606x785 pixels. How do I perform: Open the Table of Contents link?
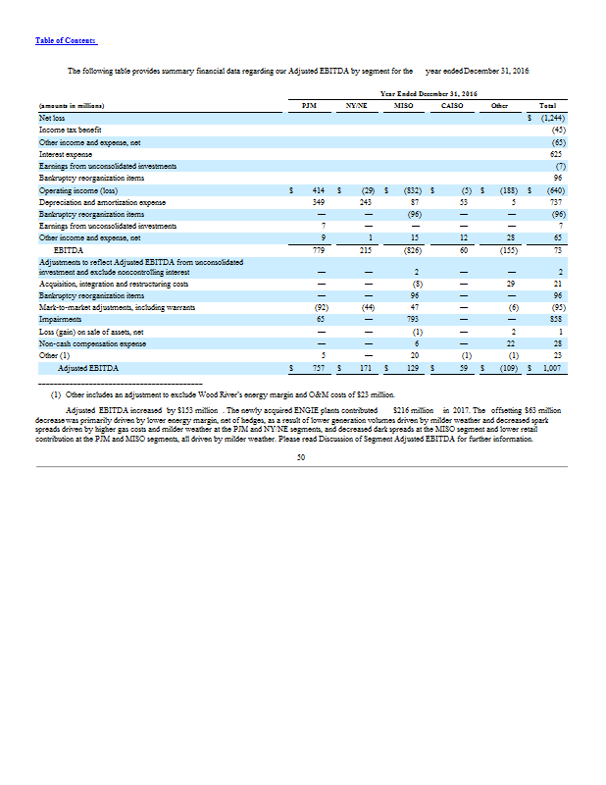66,40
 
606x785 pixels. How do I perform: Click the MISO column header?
402,104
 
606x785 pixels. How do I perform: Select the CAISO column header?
452,104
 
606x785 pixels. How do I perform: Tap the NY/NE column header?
356,104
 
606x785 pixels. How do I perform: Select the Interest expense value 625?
556,154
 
